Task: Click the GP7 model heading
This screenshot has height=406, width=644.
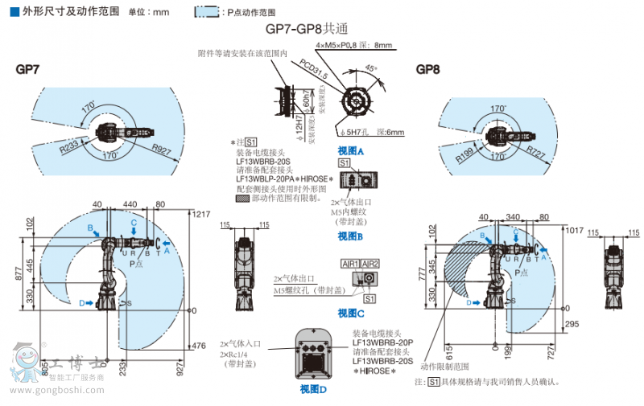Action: point(27,69)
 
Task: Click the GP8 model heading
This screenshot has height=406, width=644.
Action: point(427,69)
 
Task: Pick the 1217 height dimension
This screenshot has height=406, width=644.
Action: point(201,213)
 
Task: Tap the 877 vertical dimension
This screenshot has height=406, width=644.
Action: point(27,275)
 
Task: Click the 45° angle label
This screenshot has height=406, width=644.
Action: point(371,68)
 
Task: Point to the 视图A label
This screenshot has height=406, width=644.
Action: point(350,151)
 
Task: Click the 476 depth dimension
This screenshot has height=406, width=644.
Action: point(200,347)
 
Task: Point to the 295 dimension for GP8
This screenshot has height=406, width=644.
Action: point(573,323)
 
